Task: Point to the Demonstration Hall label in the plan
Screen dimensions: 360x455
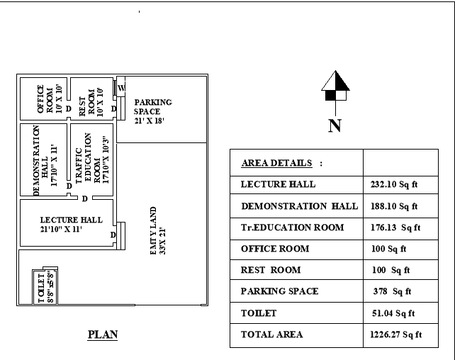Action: pos(40,160)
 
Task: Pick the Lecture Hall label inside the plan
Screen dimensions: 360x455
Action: pos(71,225)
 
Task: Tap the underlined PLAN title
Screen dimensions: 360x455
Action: pos(103,334)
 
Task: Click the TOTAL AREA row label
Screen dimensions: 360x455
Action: pos(271,334)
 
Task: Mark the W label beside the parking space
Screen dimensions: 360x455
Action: pos(121,87)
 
